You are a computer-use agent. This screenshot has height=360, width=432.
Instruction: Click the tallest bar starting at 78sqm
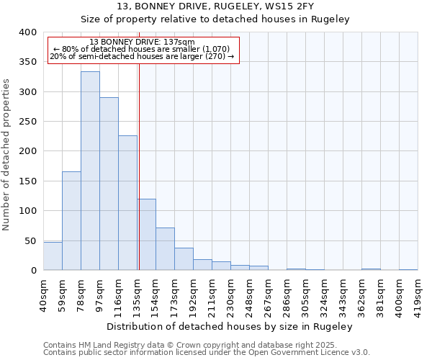click(90, 171)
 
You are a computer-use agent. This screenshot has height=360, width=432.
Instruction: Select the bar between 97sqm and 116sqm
click(109, 184)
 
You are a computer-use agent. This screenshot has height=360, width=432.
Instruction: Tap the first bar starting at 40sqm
click(53, 256)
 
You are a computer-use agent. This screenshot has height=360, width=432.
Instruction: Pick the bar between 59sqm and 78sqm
click(71, 221)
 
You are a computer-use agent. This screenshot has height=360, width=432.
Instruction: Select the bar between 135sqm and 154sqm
click(146, 235)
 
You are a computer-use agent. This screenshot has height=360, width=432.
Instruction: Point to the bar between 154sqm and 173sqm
click(165, 249)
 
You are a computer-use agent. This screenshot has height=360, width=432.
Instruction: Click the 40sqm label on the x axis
click(43, 291)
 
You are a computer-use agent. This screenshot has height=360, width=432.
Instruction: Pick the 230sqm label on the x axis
click(230, 291)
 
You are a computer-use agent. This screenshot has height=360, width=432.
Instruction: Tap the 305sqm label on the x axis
click(305, 291)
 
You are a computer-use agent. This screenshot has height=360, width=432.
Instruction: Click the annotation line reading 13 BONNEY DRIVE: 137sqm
click(142, 42)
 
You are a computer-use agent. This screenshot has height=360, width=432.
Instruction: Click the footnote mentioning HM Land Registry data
click(206, 345)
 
